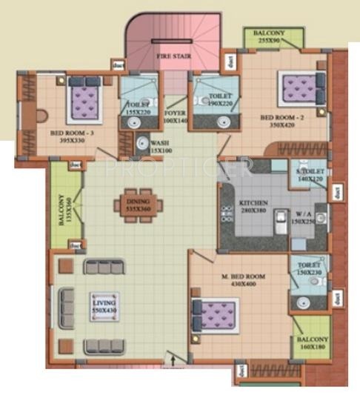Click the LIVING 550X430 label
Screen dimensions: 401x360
(x=104, y=307)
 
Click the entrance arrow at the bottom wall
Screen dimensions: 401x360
(x=174, y=361)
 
